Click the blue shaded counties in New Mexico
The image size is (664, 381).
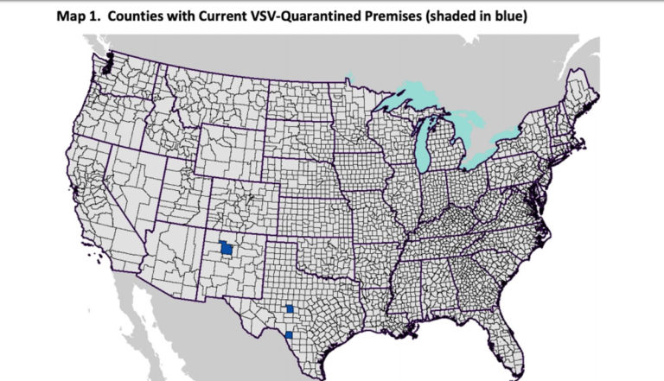click(x=226, y=248)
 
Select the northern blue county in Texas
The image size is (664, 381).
click(x=290, y=308)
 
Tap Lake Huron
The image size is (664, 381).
click(x=463, y=121)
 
